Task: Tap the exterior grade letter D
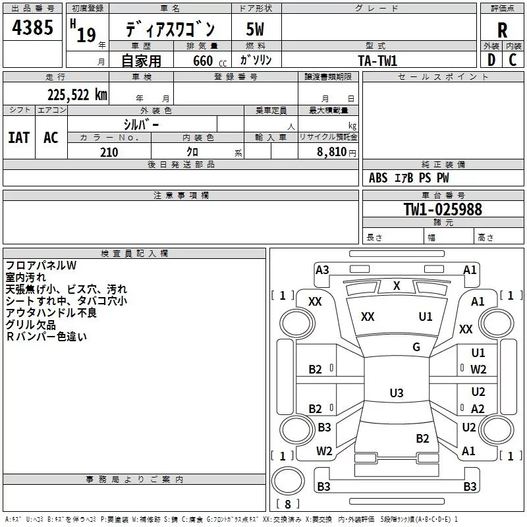coord(491,60)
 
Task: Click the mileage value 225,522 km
coord(77,94)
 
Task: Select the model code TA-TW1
coord(377,61)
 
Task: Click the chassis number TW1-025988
coord(443,209)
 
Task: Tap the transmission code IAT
coord(18,137)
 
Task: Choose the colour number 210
coord(109,152)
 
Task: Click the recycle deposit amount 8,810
coord(331,152)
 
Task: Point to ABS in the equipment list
coord(378,178)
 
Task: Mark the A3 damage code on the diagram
coord(322,269)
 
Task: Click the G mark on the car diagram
coord(416,347)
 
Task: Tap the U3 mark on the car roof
coord(396,393)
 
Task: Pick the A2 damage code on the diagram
coord(478,408)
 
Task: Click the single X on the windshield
coord(397,285)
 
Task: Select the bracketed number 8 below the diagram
coord(288,505)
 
